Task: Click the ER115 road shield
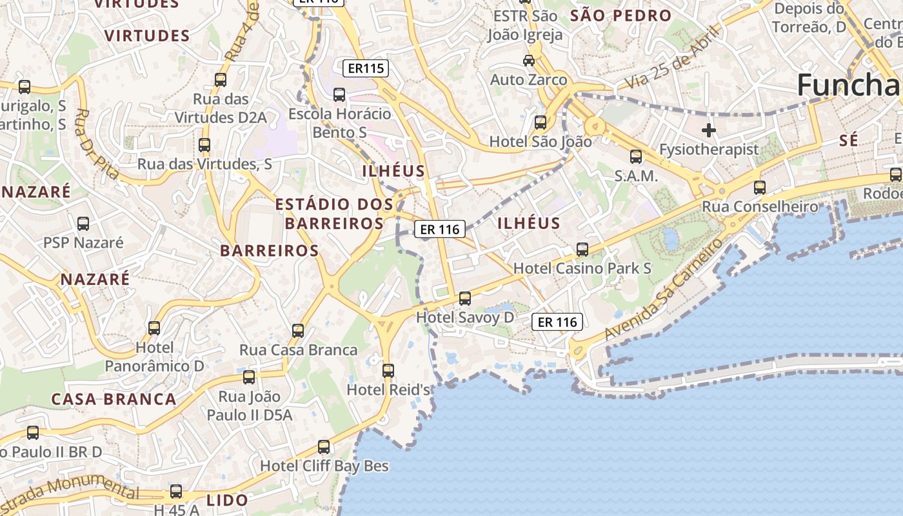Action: pyautogui.click(x=366, y=68)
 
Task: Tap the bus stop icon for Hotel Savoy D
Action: pyautogui.click(x=465, y=299)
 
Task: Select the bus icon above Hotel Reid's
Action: pyautogui.click(x=388, y=371)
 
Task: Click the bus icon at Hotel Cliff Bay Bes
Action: pyautogui.click(x=324, y=447)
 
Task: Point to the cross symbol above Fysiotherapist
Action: pyautogui.click(x=709, y=130)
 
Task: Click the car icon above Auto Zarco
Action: pyautogui.click(x=529, y=61)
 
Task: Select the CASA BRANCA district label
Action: pyautogui.click(x=114, y=399)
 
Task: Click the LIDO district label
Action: pyautogui.click(x=227, y=500)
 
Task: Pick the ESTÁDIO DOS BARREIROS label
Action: pyautogui.click(x=334, y=214)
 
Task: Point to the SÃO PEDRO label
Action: pyautogui.click(x=621, y=15)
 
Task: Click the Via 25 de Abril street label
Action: pyautogui.click(x=673, y=58)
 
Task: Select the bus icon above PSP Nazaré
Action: pyautogui.click(x=83, y=224)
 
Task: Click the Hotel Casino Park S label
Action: pyautogui.click(x=582, y=268)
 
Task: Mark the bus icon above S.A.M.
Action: pyautogui.click(x=636, y=156)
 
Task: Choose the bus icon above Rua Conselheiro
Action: pyautogui.click(x=760, y=188)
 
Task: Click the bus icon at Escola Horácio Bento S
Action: pyautogui.click(x=339, y=95)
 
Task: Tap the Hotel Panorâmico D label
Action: pyautogui.click(x=155, y=357)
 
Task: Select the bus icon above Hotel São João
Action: pyautogui.click(x=541, y=122)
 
